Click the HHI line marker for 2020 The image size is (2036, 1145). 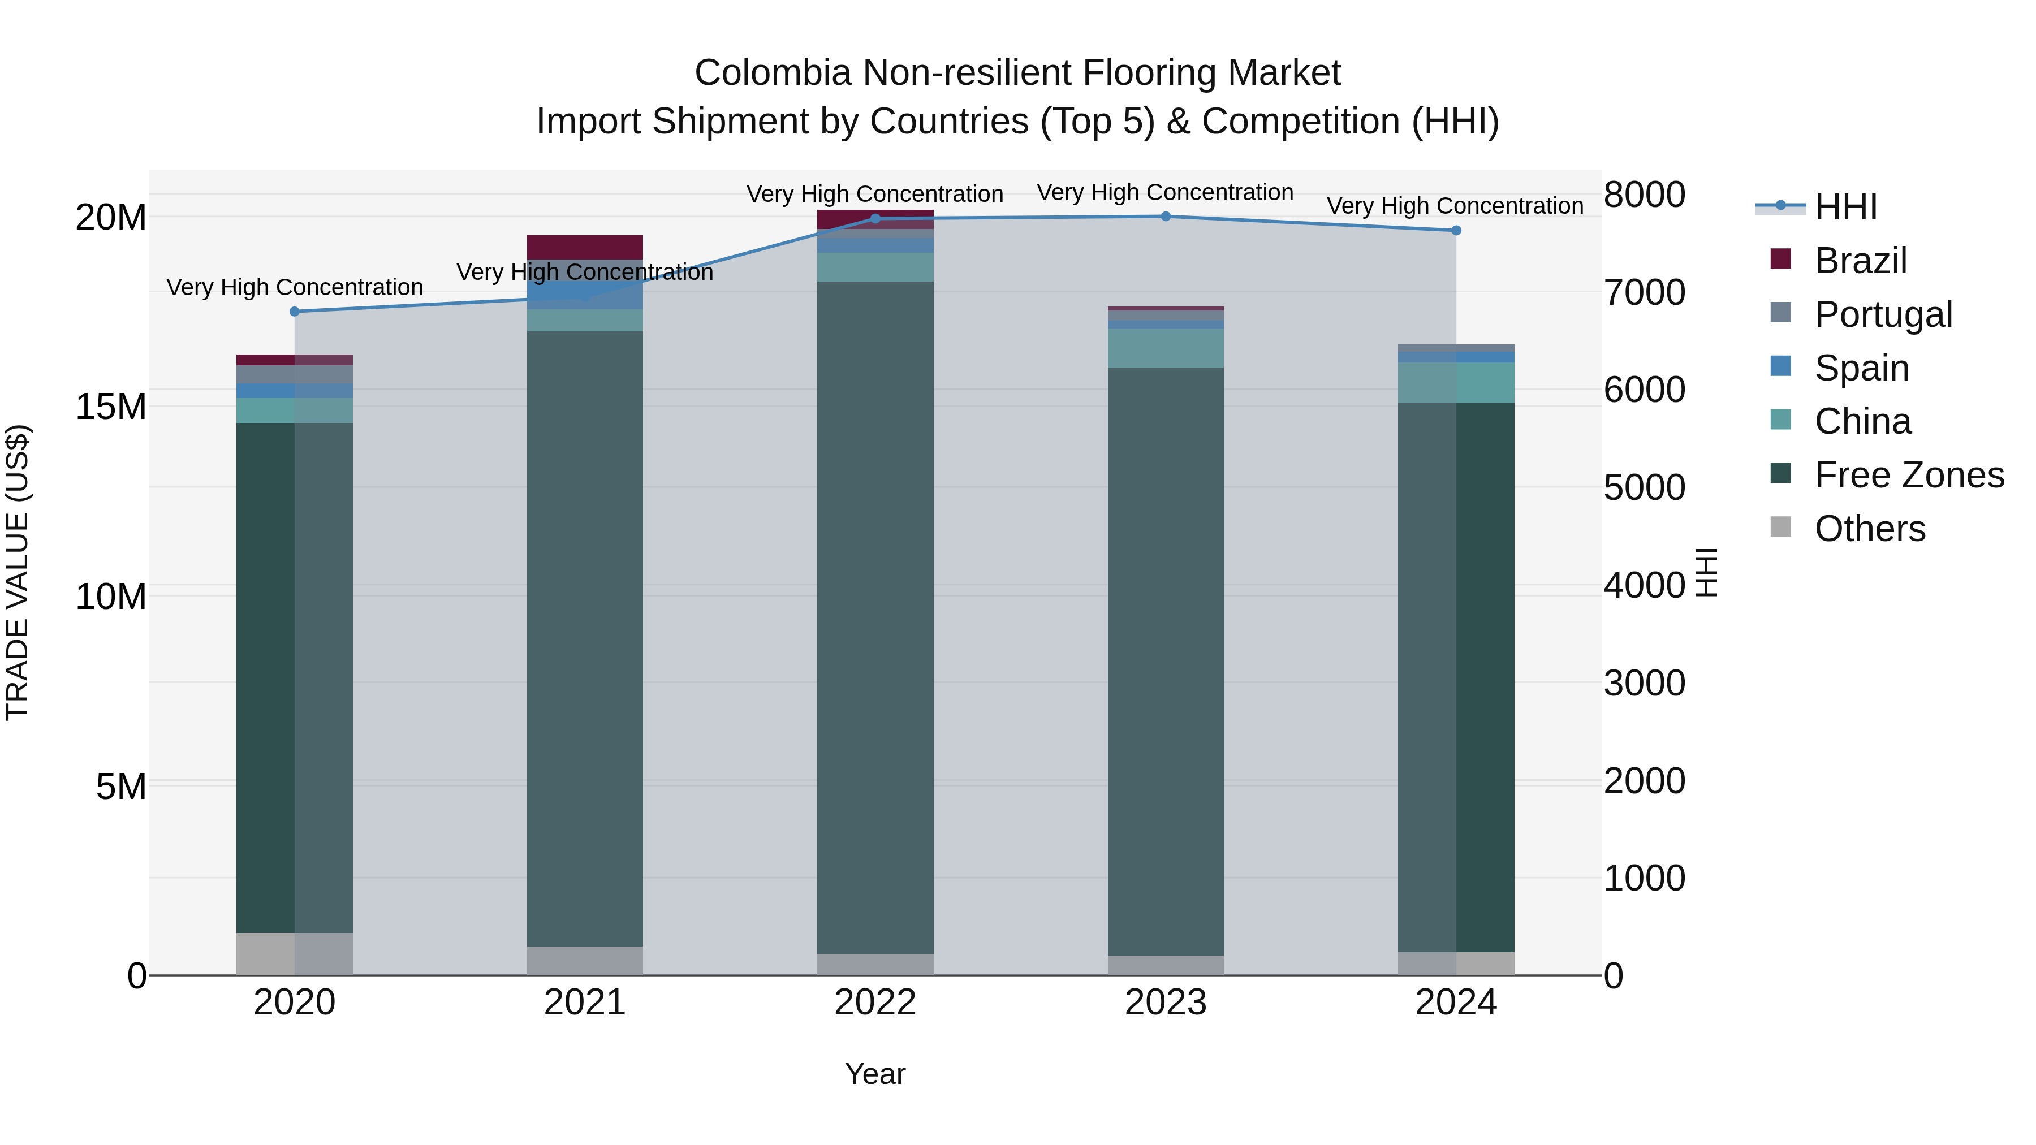pos(295,312)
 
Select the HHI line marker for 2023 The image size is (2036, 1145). pos(1166,217)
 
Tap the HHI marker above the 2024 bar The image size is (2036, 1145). pos(1456,231)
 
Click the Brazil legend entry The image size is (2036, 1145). pos(1861,261)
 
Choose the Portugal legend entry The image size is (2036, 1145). pos(1883,314)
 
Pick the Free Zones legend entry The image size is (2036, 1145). pos(1908,475)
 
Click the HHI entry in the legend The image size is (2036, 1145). pos(1845,207)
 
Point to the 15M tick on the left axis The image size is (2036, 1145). pos(111,407)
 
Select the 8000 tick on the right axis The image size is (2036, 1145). pos(1645,195)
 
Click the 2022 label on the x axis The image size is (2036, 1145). pos(875,1003)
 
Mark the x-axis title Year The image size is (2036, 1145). pos(875,1074)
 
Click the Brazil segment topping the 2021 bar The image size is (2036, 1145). pos(585,247)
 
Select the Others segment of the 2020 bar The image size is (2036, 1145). pos(294,954)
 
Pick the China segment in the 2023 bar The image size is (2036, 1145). pos(1166,348)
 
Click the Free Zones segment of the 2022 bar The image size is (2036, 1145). pos(875,616)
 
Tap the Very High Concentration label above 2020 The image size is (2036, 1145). pos(295,287)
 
